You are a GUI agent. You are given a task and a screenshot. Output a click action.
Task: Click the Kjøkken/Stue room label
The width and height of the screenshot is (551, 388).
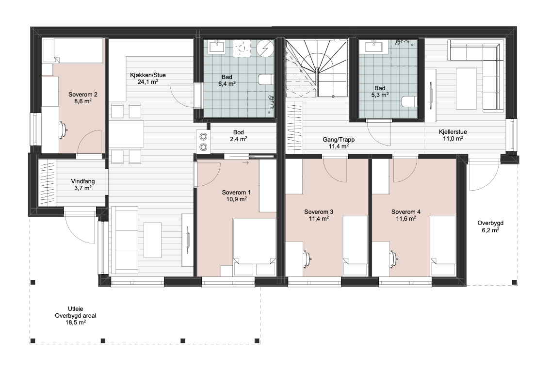point(147,75)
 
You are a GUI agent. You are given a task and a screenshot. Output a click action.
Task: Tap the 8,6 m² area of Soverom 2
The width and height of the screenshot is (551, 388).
point(83,101)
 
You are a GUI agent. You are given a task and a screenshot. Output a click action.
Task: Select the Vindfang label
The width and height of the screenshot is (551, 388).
point(83,181)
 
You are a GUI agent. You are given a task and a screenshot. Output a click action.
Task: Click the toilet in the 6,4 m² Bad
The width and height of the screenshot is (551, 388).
point(266,80)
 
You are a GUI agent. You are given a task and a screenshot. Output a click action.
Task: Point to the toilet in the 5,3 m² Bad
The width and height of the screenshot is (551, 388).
point(409,102)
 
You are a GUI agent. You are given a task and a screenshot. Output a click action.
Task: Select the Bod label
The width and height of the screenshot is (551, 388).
point(239,132)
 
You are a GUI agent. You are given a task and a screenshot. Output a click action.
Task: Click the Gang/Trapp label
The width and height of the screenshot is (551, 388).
point(339,140)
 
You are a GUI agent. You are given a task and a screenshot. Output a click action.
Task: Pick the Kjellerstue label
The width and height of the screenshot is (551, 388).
point(453,132)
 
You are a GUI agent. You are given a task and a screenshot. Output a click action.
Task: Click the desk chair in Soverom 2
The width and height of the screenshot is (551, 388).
point(63,129)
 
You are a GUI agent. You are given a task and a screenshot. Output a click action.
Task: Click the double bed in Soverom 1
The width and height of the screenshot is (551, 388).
point(255,247)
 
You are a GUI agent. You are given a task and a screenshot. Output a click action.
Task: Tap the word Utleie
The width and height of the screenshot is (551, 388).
point(75,309)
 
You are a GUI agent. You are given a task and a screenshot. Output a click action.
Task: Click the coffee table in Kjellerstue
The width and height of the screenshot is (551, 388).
point(467,89)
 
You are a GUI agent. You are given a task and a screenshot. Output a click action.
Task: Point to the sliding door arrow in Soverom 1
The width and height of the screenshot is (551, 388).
point(245,163)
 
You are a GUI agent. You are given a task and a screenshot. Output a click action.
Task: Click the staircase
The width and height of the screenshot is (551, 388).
point(317,67)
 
